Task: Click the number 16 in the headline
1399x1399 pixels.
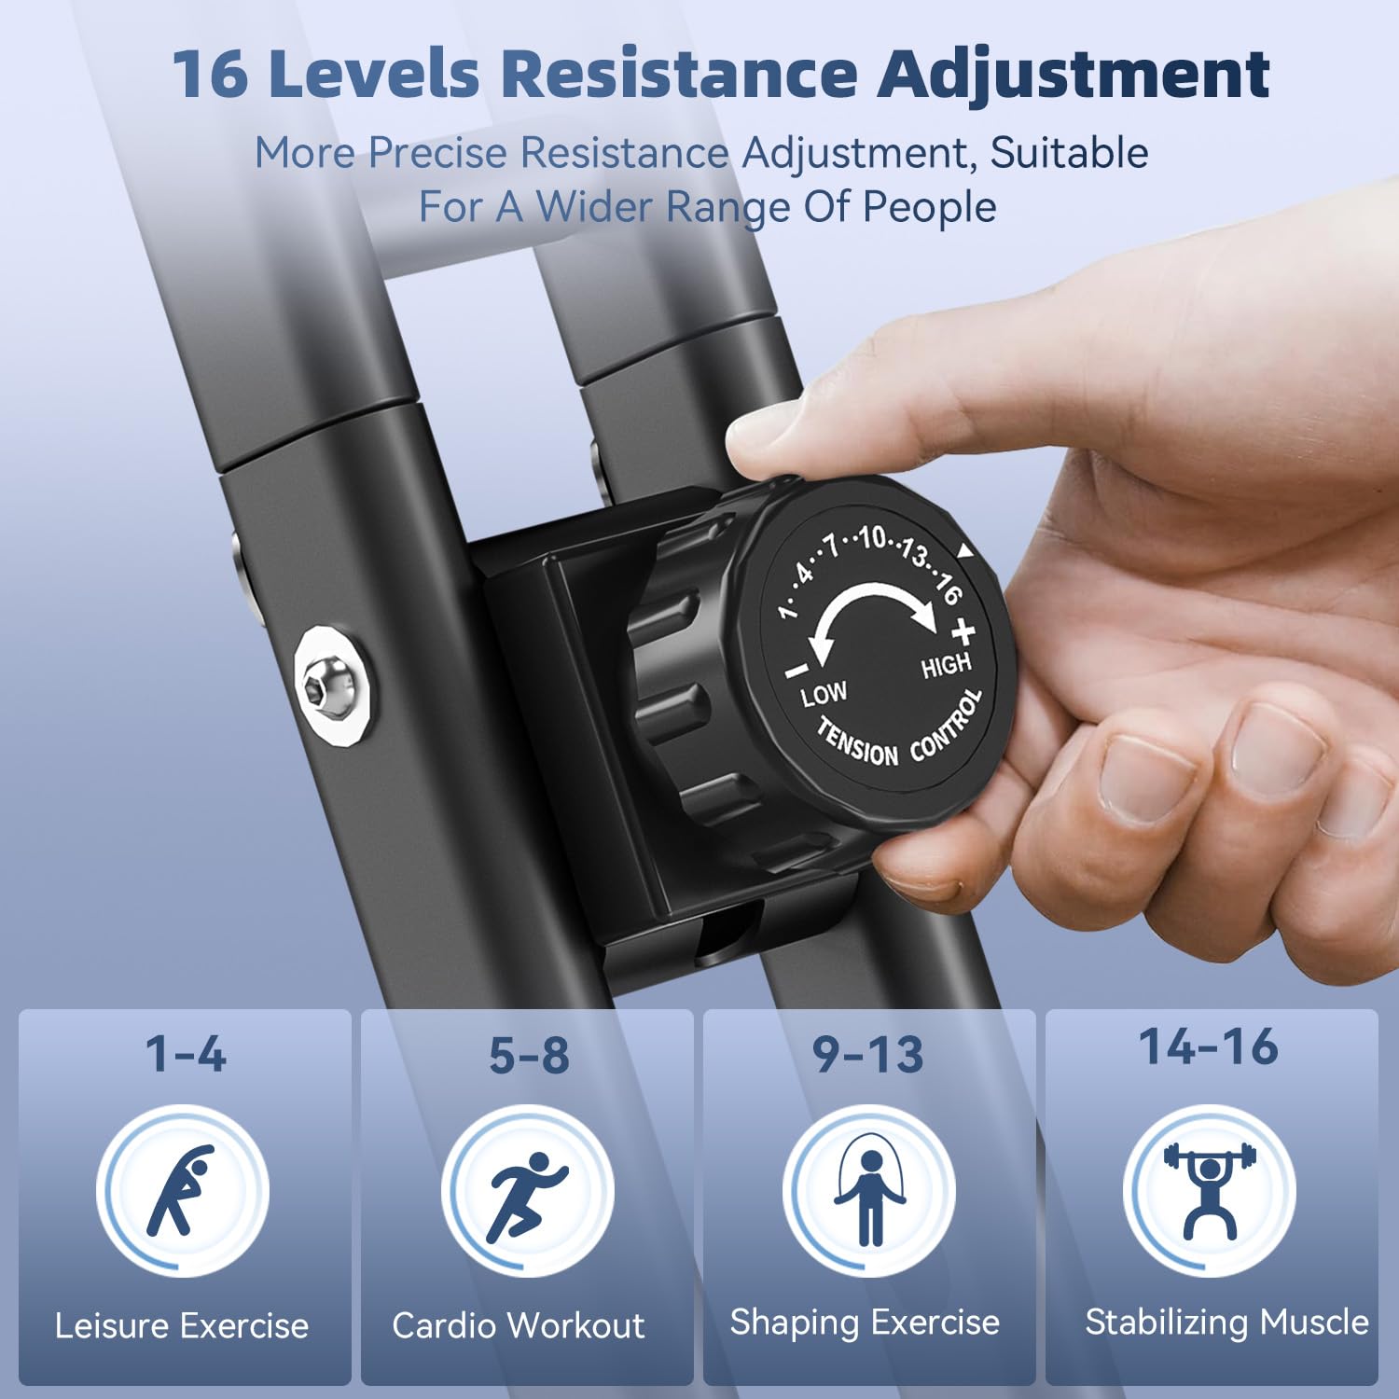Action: (211, 75)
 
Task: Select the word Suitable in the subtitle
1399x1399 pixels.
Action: (1069, 153)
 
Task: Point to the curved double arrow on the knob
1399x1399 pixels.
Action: (872, 597)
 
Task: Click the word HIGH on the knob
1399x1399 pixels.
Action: (946, 666)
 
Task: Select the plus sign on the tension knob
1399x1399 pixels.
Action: (963, 631)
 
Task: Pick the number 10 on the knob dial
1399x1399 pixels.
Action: (872, 537)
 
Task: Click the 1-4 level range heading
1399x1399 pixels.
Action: (186, 1054)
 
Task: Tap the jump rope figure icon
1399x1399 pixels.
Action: (869, 1194)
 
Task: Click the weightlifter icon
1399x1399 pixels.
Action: (1210, 1188)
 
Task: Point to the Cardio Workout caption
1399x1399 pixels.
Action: (519, 1325)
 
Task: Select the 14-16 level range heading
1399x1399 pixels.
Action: (1209, 1046)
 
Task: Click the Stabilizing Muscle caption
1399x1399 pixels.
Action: (1226, 1323)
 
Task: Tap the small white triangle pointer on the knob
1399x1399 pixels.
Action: (965, 552)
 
